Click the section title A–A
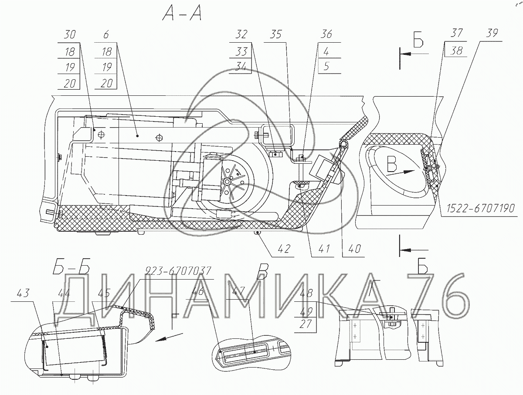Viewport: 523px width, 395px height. [x=182, y=14]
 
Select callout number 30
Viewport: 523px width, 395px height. [x=70, y=35]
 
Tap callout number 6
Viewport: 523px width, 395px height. [x=106, y=35]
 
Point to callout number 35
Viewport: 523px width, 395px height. [x=275, y=35]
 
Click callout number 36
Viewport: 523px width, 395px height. [x=326, y=35]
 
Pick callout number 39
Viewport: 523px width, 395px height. [x=492, y=33]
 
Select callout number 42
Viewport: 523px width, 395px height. [x=284, y=249]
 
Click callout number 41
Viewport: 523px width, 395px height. [x=324, y=249]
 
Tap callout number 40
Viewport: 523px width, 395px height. [x=354, y=249]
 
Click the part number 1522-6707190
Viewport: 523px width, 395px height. [x=480, y=209]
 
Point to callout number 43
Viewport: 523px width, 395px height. [x=23, y=293]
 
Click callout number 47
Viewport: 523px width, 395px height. [x=239, y=291]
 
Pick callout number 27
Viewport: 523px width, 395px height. [x=306, y=324]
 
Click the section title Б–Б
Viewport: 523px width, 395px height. [x=71, y=267]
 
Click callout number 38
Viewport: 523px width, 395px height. [x=456, y=51]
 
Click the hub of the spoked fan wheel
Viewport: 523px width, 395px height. [x=227, y=182]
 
